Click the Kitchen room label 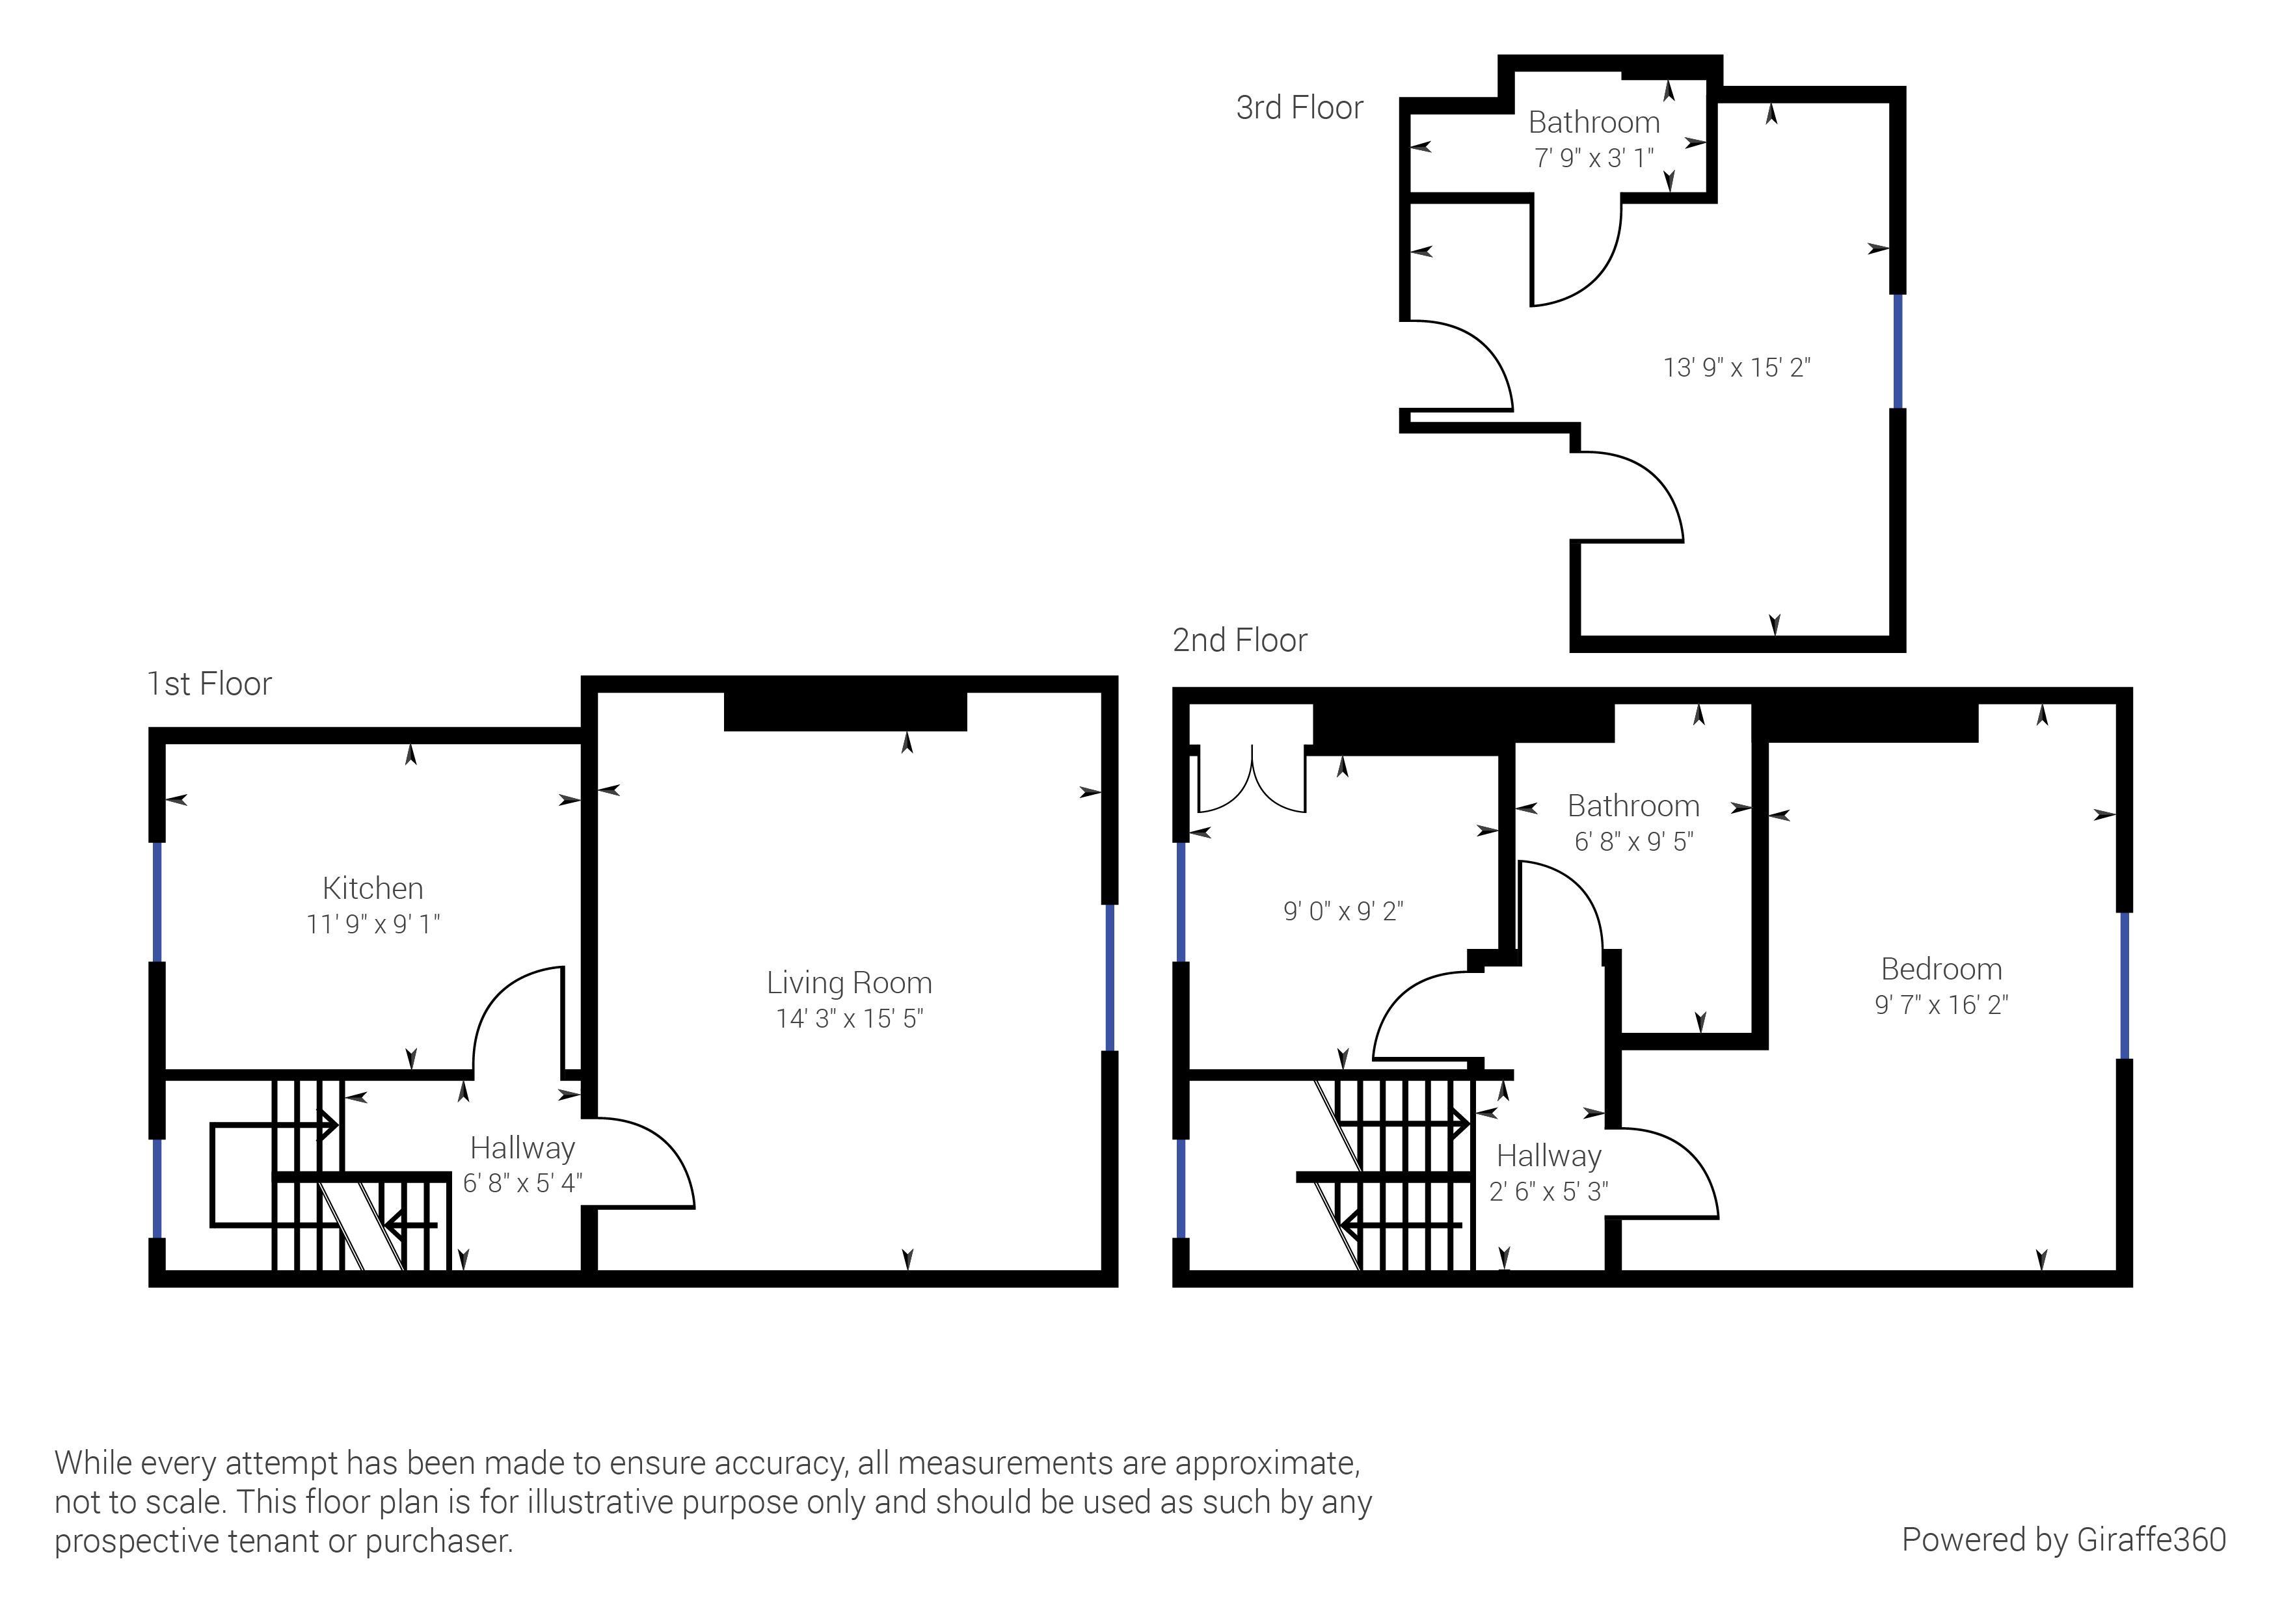point(373,888)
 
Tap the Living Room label point(849,982)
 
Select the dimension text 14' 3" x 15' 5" point(850,1018)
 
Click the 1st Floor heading point(209,684)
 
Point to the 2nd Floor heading point(1239,640)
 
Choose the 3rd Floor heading point(1299,107)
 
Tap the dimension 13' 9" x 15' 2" point(1736,367)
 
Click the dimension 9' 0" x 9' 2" point(1343,911)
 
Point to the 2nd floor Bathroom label point(1633,805)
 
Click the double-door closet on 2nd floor point(1252,780)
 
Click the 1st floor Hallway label point(522,1148)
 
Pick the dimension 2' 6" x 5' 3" point(1548,1191)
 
